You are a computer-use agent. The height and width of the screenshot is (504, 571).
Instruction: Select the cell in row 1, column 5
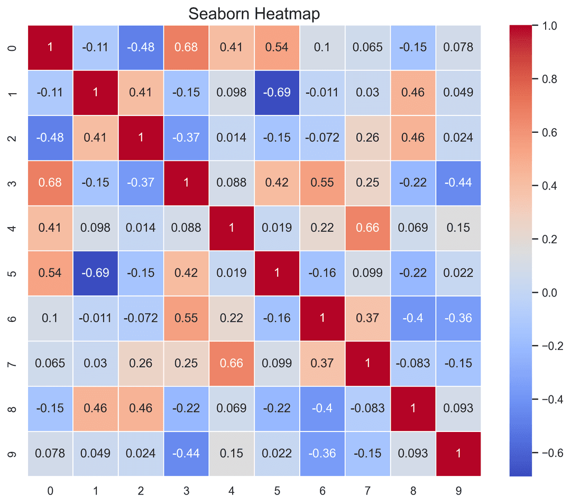277,92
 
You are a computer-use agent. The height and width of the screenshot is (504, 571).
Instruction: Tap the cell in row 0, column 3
186,47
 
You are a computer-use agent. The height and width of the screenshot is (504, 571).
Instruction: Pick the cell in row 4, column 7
367,228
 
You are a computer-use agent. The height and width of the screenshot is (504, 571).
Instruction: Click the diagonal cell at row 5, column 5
277,273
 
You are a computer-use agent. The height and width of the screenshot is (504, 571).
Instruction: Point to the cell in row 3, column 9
458,183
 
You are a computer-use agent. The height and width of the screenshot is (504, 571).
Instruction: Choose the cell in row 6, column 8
412,318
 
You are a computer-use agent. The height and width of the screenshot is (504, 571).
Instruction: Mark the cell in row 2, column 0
50,138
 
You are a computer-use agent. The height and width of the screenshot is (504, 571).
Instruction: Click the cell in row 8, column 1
96,409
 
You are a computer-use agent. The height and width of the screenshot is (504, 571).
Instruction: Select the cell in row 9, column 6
322,454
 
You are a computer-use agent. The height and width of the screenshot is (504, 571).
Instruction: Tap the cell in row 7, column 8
412,363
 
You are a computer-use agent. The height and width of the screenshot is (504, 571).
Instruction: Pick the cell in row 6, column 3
186,318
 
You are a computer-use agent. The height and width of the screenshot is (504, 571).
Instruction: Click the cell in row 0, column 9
458,47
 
